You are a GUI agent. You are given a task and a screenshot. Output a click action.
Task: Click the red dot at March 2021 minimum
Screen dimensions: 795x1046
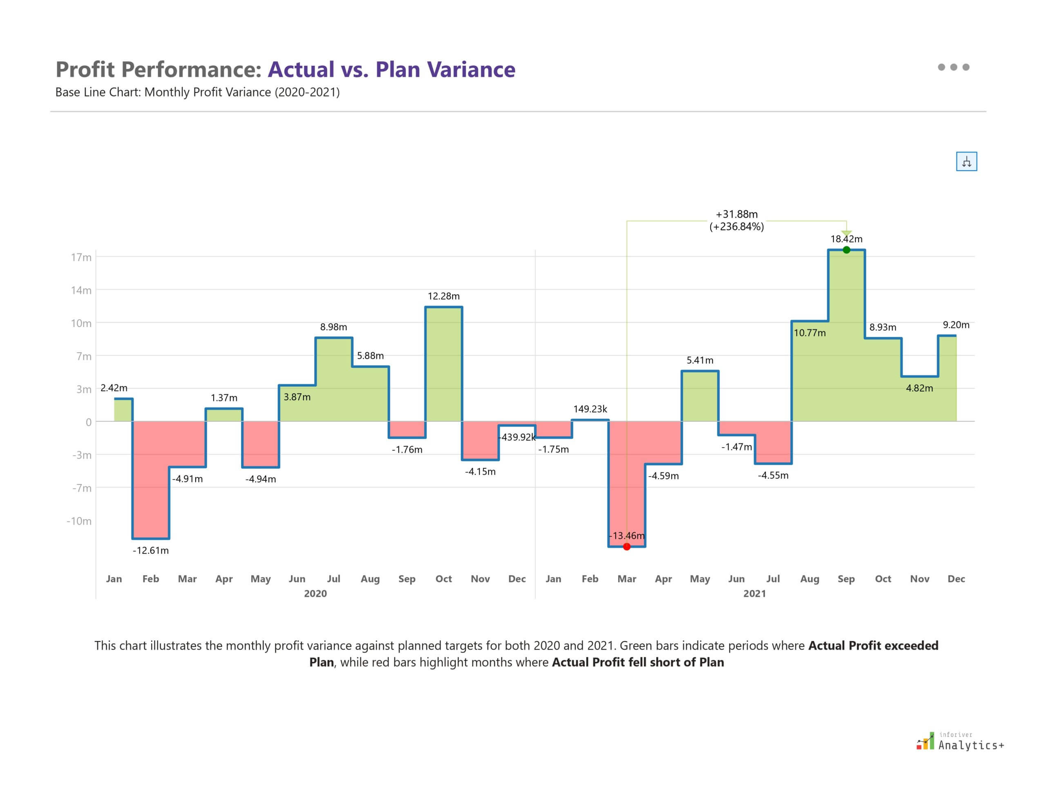626,546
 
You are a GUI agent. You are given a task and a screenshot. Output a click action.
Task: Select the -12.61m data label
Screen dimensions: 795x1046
150,550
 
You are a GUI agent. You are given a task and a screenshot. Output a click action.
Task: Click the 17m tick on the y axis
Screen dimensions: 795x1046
81,258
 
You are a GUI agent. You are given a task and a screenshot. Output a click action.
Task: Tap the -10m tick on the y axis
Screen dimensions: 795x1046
79,521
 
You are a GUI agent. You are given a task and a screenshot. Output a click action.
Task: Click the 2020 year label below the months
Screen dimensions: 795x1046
315,593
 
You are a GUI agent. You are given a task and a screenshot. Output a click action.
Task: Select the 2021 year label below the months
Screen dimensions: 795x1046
754,593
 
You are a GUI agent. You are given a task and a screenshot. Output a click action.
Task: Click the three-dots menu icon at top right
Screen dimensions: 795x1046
953,67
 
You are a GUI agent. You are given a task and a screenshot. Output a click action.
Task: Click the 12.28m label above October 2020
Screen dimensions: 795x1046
443,296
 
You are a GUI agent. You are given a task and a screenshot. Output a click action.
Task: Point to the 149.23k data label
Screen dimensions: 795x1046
590,409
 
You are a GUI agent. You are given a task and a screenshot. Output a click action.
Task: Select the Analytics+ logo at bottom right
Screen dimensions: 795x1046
960,742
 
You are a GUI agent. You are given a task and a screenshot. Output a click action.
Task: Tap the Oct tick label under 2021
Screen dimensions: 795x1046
883,579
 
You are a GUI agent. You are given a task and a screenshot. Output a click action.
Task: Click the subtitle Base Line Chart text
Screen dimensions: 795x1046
197,92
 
